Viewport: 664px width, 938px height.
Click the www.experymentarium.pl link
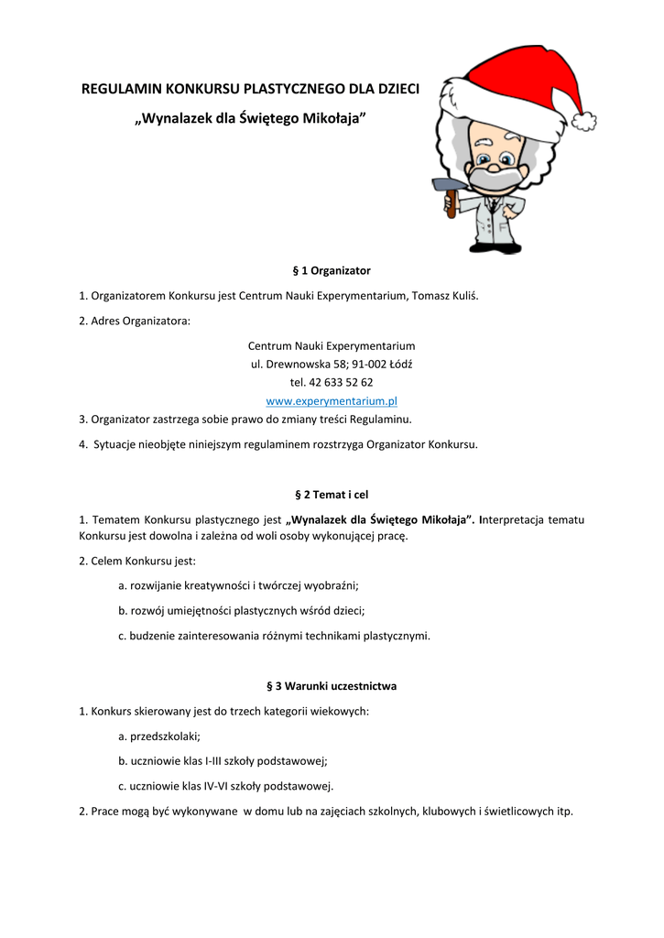pos(331,401)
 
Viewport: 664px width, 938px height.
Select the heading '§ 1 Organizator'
pos(331,271)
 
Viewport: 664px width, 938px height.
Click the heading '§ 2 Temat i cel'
pos(331,495)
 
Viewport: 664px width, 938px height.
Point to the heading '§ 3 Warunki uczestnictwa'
pos(331,685)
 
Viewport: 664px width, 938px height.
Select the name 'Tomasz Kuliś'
pos(445,296)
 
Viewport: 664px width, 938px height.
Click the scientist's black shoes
pos(495,247)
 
